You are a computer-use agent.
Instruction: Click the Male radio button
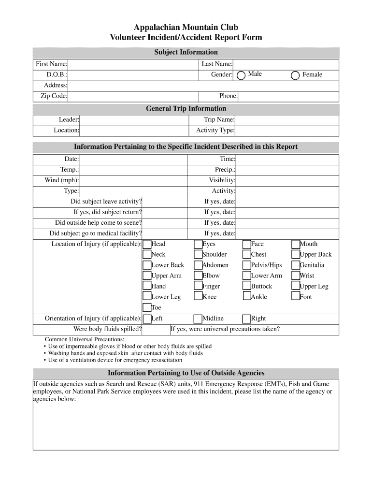point(241,75)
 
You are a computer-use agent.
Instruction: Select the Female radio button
point(295,75)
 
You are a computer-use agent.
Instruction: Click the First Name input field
point(133,64)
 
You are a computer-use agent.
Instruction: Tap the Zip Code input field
point(133,96)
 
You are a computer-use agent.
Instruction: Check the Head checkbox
point(147,245)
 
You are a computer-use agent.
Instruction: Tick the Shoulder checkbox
point(198,255)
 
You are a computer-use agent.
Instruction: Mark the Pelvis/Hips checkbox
point(247,265)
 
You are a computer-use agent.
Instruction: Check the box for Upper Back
point(296,255)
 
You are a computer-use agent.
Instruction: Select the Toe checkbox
point(147,308)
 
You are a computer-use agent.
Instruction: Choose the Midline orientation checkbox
point(198,319)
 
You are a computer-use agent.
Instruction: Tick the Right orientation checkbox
point(247,319)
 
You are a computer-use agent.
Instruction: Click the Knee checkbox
point(198,297)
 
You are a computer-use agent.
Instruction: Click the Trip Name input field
point(287,120)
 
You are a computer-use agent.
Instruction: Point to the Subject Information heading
point(186,52)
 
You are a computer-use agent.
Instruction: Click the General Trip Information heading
point(186,109)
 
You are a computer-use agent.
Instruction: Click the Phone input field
point(288,96)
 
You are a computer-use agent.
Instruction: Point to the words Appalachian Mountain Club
point(186,27)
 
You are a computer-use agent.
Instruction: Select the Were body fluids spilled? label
point(107,330)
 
